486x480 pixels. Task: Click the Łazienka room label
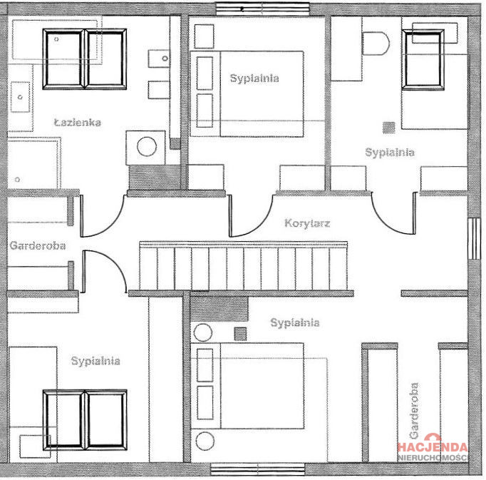click(78, 122)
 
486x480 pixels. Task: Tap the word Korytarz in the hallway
click(307, 223)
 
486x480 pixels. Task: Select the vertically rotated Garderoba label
click(414, 411)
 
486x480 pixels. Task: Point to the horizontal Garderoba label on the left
click(38, 245)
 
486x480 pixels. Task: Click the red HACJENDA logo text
click(433, 447)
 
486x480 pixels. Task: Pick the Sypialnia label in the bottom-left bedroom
click(95, 361)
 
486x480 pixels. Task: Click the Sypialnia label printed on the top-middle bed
click(254, 78)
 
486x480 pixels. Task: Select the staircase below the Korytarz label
click(243, 267)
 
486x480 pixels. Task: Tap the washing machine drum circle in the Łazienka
click(147, 147)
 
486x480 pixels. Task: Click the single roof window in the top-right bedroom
click(423, 60)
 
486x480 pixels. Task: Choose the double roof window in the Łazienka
click(84, 59)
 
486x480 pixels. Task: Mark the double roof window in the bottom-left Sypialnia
click(85, 420)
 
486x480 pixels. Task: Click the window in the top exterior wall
click(262, 9)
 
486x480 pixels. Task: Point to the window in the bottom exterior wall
click(257, 469)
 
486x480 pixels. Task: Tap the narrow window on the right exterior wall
click(474, 239)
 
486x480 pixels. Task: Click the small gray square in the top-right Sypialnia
click(389, 127)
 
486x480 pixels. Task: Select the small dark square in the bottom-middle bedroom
click(241, 334)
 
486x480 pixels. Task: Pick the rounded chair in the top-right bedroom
click(376, 43)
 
